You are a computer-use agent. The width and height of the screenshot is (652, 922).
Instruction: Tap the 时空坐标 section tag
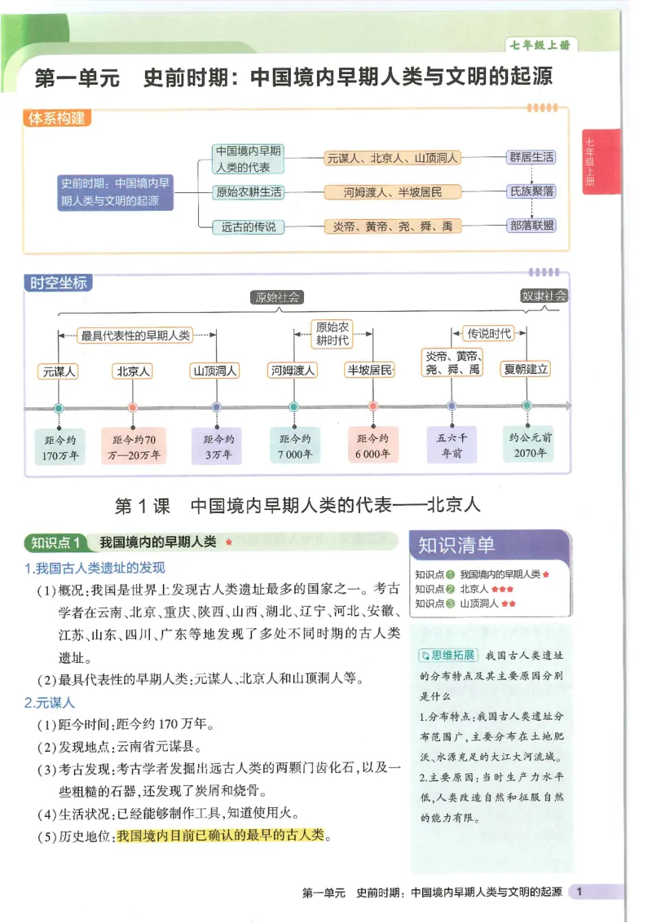56,283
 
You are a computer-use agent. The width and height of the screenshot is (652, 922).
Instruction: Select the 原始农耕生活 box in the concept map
248,192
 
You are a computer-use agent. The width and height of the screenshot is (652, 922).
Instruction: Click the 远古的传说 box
248,226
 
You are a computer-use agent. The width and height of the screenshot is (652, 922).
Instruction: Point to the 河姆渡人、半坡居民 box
392,192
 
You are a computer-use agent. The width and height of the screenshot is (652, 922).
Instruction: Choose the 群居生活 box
531,158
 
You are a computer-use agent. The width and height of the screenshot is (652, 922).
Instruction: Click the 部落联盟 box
531,226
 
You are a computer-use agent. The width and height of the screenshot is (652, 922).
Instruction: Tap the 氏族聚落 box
531,192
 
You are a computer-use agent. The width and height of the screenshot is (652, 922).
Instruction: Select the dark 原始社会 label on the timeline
277,297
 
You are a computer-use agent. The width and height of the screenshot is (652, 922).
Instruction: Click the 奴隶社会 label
544,296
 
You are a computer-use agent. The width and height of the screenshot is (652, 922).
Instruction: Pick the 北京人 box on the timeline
133,371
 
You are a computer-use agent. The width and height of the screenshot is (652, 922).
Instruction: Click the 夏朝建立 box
526,369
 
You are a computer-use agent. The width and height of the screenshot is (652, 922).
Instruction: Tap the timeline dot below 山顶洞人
216,406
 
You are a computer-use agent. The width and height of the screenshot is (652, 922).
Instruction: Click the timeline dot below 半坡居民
372,406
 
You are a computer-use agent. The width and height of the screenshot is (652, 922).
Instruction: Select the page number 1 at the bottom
579,893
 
